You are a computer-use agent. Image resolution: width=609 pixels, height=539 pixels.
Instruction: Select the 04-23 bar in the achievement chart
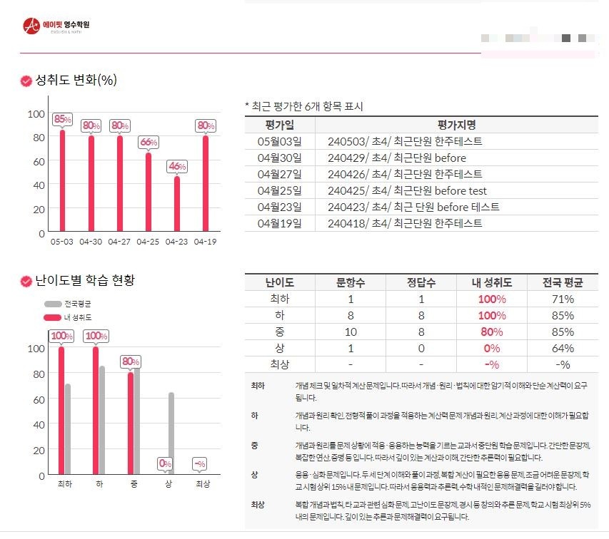point(177,204)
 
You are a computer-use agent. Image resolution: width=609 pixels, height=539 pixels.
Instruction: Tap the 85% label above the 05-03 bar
point(63,119)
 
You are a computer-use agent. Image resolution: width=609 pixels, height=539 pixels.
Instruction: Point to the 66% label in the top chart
point(149,143)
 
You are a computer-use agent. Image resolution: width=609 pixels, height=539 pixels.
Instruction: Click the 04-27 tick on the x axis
point(120,242)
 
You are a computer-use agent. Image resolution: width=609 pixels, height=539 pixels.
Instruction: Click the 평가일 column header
point(279,124)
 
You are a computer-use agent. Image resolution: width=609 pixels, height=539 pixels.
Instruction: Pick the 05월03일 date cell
point(279,141)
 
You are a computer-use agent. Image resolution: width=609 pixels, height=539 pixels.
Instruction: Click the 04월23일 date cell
point(279,207)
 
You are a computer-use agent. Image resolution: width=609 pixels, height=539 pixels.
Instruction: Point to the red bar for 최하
point(61,410)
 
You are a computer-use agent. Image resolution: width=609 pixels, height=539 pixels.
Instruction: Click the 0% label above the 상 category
point(166,463)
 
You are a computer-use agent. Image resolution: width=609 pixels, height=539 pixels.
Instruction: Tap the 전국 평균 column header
point(563,282)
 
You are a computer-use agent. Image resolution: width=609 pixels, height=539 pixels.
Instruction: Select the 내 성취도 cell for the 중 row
point(492,332)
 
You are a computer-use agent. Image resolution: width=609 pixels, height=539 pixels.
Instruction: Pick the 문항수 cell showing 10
point(351,332)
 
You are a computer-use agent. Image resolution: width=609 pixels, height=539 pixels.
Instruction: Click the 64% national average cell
point(563,348)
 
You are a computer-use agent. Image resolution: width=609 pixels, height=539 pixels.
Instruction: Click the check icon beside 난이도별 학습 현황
point(26,282)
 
